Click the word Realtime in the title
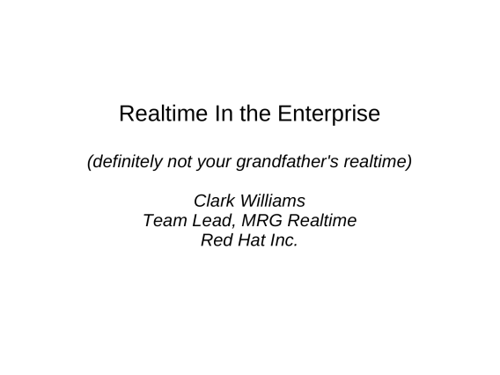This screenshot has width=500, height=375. pos(163,114)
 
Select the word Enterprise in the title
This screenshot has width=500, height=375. pos(328,114)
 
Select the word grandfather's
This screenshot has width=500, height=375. pos(287,162)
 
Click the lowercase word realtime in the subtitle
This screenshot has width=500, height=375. pos(375,161)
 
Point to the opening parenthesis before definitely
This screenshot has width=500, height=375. pos(91,162)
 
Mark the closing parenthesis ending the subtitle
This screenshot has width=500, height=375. pos(408,162)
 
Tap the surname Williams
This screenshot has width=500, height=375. pos(273,201)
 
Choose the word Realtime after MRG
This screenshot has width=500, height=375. pos(322,220)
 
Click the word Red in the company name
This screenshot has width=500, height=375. pos(217,240)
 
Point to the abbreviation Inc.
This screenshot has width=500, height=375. pos(284,240)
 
